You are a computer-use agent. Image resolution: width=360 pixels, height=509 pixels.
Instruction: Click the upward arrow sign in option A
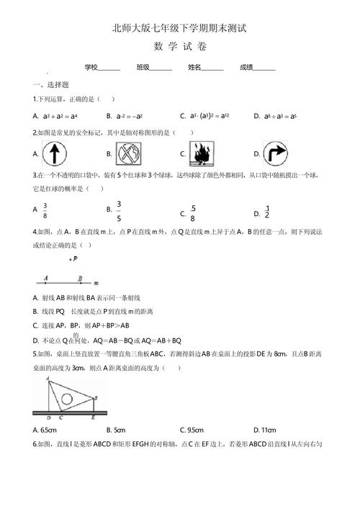55,153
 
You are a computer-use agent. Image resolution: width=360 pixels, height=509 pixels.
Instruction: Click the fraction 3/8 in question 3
45,210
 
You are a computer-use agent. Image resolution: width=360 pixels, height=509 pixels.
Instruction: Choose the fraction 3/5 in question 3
119,210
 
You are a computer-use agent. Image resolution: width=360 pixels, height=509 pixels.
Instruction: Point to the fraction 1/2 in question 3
266,212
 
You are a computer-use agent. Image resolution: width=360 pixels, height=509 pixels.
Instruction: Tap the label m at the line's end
96,282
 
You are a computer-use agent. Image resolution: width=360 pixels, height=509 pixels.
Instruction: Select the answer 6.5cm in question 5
45,430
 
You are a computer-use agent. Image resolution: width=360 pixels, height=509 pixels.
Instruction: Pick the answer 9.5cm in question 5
192,430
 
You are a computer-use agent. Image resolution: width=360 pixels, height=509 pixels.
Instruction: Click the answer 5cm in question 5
118,430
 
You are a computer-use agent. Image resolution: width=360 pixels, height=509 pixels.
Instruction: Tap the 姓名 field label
194,67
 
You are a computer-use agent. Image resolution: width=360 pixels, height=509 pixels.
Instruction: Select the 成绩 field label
246,67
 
